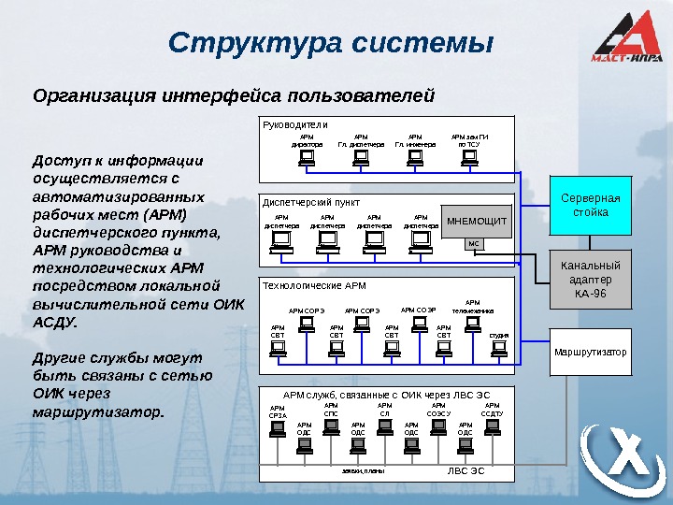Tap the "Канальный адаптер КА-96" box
[590, 279]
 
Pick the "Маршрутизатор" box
[591, 352]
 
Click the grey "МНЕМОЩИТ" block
[476, 222]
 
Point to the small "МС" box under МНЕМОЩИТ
[473, 244]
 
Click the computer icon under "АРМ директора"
[306, 158]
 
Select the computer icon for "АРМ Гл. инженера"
[414, 158]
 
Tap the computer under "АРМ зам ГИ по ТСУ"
[470, 158]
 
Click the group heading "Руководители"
[294, 124]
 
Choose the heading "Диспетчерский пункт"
[311, 202]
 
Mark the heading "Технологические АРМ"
[314, 284]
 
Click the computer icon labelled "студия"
[499, 347]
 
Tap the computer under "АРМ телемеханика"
[472, 324]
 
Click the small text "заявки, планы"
[364, 471]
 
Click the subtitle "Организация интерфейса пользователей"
[234, 95]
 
